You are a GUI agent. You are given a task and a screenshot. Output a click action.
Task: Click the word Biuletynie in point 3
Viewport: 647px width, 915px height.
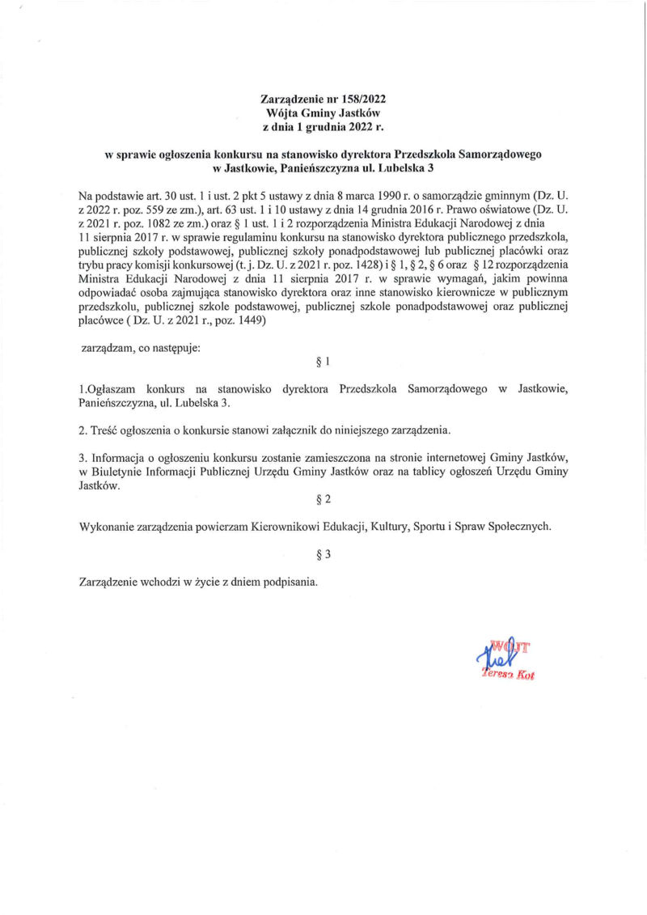pos(116,472)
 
